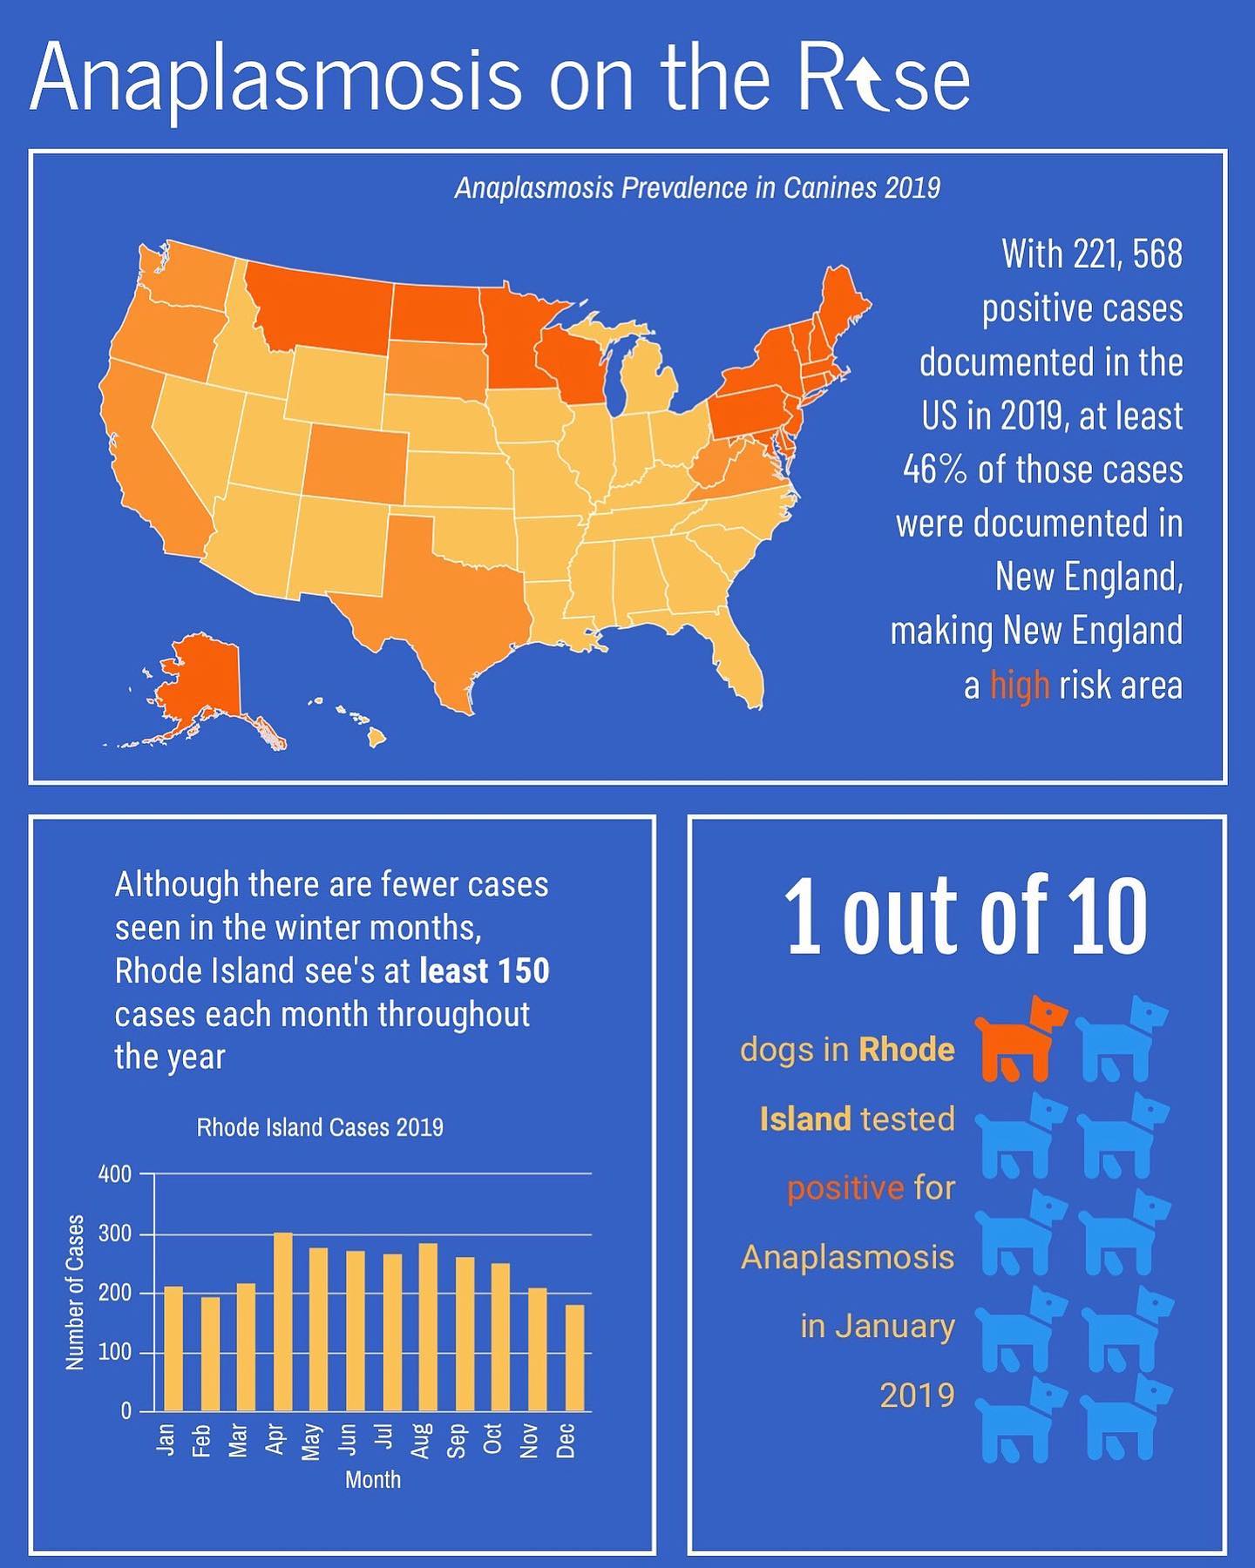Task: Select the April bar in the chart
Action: (x=283, y=1321)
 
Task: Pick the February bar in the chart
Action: (x=210, y=1355)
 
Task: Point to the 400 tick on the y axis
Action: (x=115, y=1174)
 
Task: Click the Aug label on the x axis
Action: (x=420, y=1441)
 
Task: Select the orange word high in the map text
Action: (x=1020, y=686)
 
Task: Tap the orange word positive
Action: (x=845, y=1188)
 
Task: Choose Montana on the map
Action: (x=318, y=305)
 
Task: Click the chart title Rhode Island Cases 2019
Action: (x=320, y=1127)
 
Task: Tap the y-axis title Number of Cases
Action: (x=76, y=1292)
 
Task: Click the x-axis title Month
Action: (x=373, y=1479)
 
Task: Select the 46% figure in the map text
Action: (x=935, y=470)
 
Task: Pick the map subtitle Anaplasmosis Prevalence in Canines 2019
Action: (x=697, y=188)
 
